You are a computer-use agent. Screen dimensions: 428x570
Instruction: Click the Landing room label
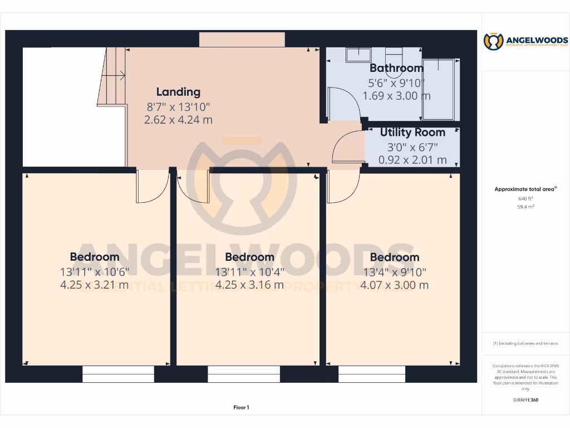coord(178,92)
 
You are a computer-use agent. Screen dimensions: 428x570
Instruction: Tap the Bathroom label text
coord(396,68)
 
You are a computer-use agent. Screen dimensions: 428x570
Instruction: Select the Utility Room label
coord(412,133)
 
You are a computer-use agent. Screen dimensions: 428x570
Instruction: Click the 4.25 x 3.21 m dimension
coord(94,285)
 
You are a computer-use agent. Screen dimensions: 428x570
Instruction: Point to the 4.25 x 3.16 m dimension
coord(249,285)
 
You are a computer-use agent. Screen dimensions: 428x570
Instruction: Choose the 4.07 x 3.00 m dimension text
coord(394,285)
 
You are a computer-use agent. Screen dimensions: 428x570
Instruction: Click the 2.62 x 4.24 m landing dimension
coord(178,119)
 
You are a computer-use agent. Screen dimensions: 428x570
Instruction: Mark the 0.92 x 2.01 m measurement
coord(412,160)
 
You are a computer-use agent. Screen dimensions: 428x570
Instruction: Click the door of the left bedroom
coord(151,187)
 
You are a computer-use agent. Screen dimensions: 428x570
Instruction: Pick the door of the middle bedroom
coord(194,187)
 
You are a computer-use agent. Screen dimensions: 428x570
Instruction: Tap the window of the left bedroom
coord(118,374)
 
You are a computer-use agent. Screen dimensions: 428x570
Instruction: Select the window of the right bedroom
coord(372,374)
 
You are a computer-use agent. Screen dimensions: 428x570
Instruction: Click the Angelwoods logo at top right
coord(525,41)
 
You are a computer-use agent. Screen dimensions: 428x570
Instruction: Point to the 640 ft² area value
coord(525,198)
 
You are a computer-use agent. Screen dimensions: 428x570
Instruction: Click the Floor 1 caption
coord(241,407)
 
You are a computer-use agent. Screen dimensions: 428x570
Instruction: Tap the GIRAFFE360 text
coord(525,400)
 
